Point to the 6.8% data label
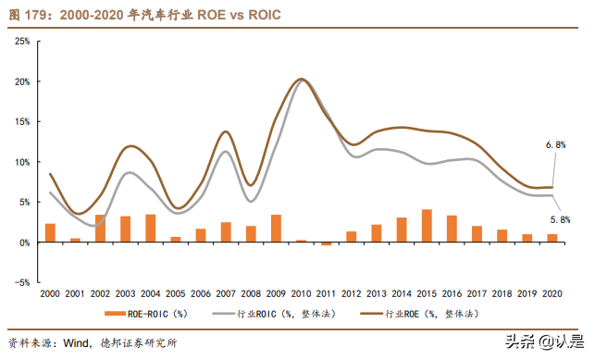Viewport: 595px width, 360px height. pos(556,146)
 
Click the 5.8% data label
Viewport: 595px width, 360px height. pos(560,219)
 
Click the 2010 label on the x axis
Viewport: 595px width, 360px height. pos(301,293)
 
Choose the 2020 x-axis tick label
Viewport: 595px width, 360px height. pos(552,293)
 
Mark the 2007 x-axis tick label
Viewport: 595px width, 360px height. pos(226,293)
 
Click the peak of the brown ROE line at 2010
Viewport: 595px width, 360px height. pos(301,80)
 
